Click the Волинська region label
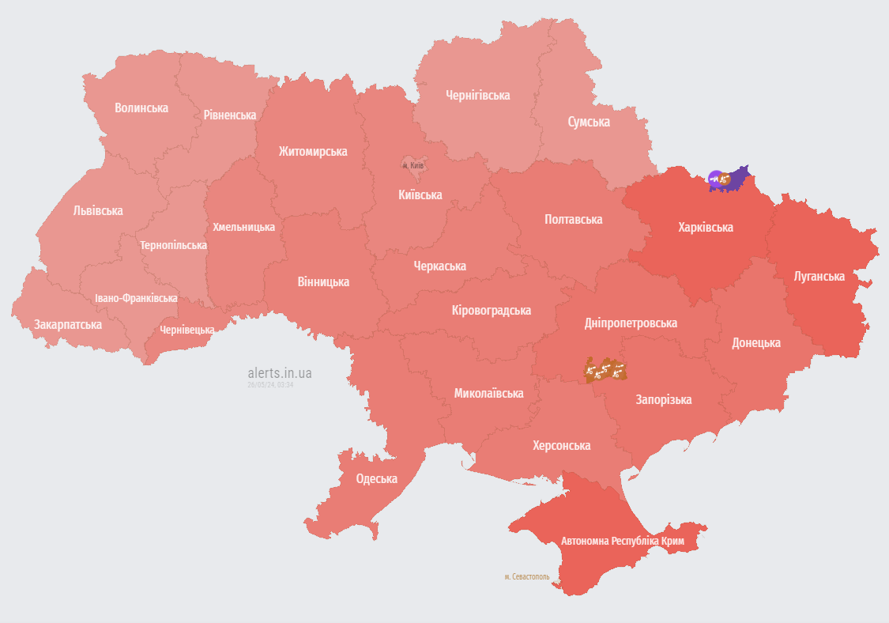(141, 108)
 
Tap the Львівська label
(98, 210)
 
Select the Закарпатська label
(68, 324)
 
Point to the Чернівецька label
(186, 330)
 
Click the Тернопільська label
(173, 245)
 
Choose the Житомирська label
(313, 151)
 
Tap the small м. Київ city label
(413, 165)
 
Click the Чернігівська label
(477, 95)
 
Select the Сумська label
(589, 122)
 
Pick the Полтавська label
(574, 219)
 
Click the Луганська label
(819, 276)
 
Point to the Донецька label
(756, 342)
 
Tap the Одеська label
(377, 478)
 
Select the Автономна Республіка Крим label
(623, 542)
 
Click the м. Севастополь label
(526, 576)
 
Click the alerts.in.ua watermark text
(280, 372)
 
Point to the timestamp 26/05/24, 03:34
(270, 384)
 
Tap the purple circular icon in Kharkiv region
(715, 179)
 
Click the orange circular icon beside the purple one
(725, 180)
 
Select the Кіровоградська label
(491, 310)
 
